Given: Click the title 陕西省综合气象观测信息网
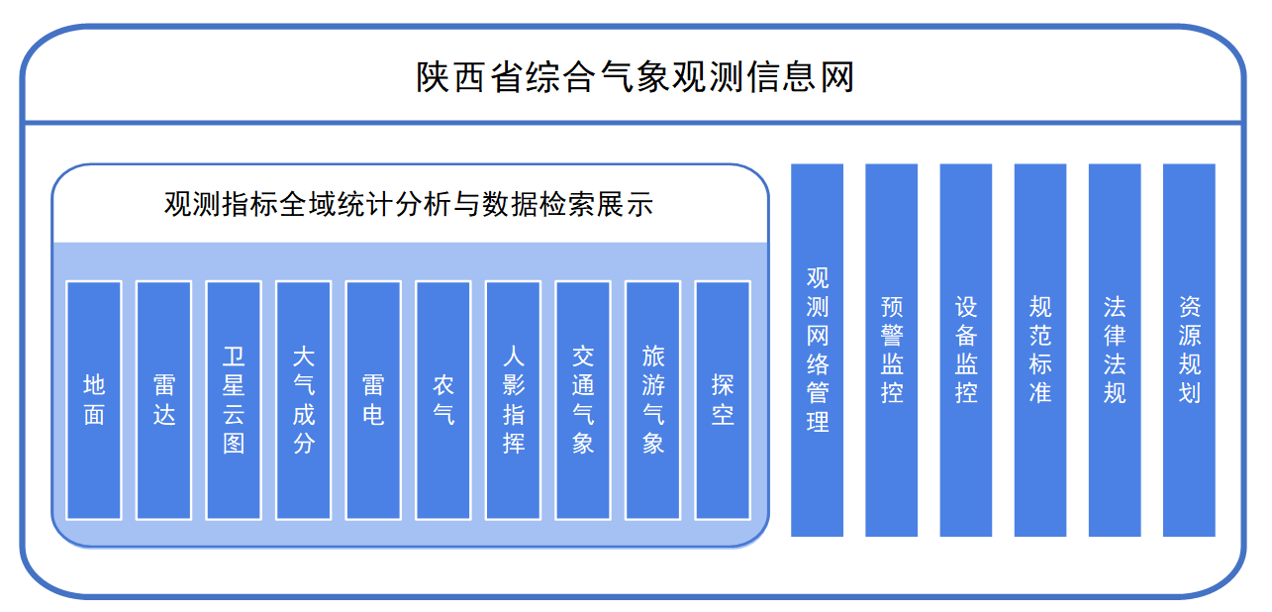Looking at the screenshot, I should (x=635, y=76).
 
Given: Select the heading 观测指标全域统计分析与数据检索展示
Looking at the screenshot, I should (x=408, y=205).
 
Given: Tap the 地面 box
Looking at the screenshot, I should (x=94, y=400).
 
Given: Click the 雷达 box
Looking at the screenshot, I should (x=163, y=400).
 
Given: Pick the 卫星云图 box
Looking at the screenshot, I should (x=234, y=400).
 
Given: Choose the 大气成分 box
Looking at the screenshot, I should (x=304, y=400).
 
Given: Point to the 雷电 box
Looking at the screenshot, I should (x=373, y=400).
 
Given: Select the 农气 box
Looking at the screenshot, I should (x=443, y=400).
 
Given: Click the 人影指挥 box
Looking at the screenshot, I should (x=513, y=400).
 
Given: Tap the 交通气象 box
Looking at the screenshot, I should (x=583, y=400).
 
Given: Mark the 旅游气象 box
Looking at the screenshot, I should (x=652, y=400).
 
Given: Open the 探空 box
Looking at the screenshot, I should (x=723, y=400).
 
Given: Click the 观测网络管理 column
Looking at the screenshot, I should (x=817, y=350).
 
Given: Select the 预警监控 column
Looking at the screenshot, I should (x=892, y=350).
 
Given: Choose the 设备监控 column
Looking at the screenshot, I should (x=966, y=350).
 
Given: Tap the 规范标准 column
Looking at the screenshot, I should (x=1040, y=350).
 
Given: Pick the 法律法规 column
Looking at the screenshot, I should (x=1115, y=350).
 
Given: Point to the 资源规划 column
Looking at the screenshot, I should (x=1189, y=350).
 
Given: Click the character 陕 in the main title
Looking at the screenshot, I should (x=433, y=76).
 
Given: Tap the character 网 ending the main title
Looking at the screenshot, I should (x=836, y=76).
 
